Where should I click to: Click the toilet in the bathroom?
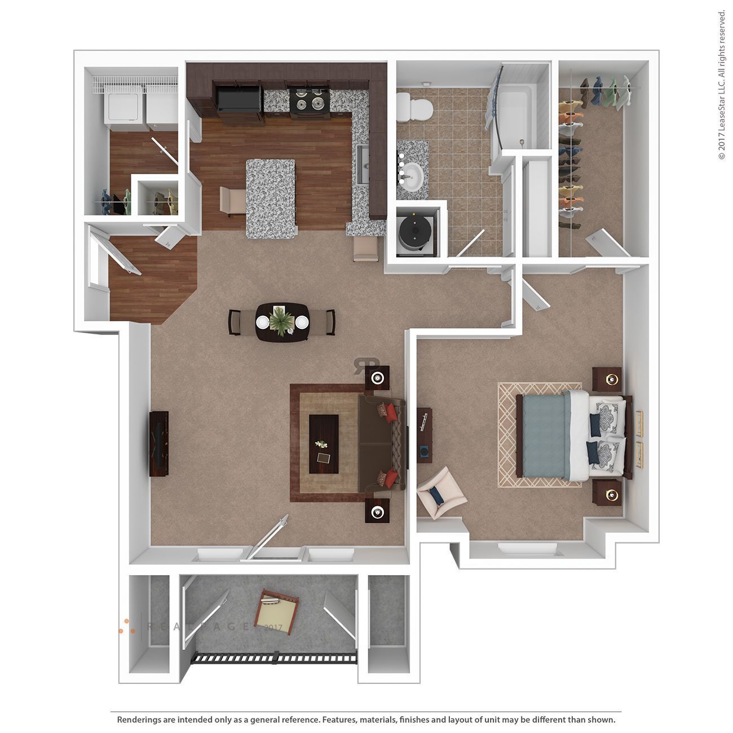point(414,107)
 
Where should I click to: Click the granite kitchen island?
point(271,198)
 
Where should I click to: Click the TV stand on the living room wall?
point(159,444)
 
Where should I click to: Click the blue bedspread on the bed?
point(544,435)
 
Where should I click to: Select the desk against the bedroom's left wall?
point(425,435)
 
